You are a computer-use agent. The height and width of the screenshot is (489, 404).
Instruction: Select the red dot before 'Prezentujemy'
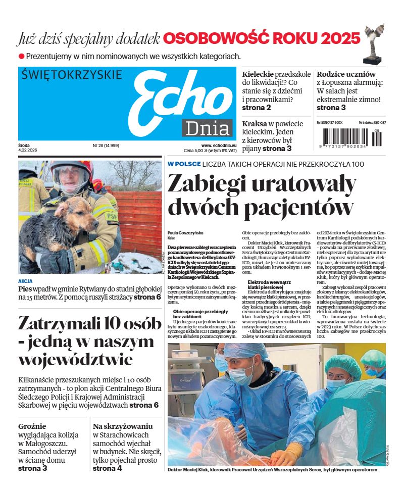tap(21, 57)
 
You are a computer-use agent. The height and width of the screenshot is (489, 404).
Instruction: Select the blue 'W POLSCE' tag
tap(184, 164)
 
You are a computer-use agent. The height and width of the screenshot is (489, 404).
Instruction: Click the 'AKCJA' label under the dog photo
tap(25, 281)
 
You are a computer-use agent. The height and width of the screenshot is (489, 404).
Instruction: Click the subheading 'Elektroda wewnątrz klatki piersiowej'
tap(271, 284)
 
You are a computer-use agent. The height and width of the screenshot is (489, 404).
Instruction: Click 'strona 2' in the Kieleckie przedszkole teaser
tap(257, 108)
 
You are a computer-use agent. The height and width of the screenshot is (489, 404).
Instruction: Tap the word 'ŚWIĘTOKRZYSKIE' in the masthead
tap(72, 75)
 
